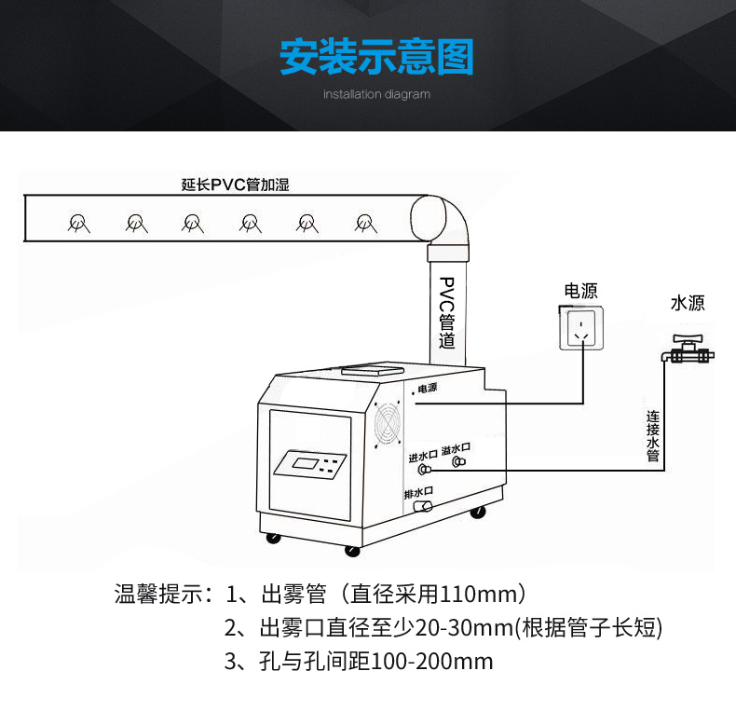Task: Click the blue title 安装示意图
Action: [x=376, y=57]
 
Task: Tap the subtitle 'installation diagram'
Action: [x=376, y=94]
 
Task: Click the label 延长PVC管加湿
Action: [x=235, y=185]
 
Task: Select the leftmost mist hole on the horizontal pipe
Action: [x=78, y=223]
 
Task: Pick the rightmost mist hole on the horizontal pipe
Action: [x=365, y=223]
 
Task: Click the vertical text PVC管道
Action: [x=447, y=312]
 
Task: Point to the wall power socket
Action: [x=581, y=328]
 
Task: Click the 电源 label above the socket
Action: [x=580, y=291]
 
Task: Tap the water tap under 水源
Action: [x=688, y=349]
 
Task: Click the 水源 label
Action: [x=688, y=303]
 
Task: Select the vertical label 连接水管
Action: [x=653, y=436]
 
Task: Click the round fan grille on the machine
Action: [x=388, y=423]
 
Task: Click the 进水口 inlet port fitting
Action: [x=425, y=469]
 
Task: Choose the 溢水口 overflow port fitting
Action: [x=458, y=462]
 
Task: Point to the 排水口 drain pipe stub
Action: [x=422, y=506]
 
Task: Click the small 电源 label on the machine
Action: [x=427, y=388]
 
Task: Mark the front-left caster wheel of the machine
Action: [x=273, y=539]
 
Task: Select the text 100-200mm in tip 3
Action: [x=432, y=662]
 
